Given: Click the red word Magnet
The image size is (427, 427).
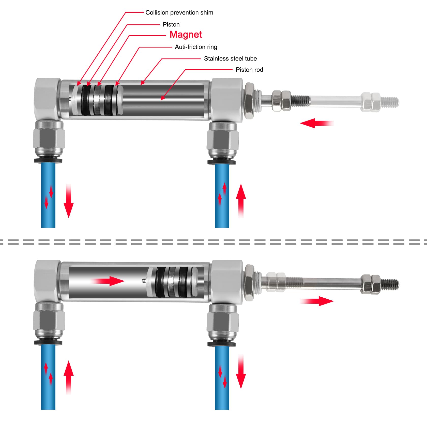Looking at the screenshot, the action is [186, 34].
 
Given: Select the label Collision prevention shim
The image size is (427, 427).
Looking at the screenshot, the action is [179, 12].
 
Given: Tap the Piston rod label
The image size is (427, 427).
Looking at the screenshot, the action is [249, 70].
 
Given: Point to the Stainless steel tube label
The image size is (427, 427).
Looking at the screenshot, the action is [230, 58].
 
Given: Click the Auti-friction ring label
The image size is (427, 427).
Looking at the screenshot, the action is [196, 47].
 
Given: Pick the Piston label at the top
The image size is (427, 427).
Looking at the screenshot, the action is [171, 24].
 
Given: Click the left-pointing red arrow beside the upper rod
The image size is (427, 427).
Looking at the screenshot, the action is [317, 123].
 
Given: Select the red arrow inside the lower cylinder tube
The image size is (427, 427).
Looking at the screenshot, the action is [108, 281].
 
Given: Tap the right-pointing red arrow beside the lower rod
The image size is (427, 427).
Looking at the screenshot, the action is [317, 301].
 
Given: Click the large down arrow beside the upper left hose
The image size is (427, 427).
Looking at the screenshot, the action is [69, 201].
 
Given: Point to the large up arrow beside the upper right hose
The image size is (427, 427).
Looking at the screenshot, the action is [241, 201].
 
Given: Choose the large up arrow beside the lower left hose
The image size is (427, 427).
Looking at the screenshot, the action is [69, 377].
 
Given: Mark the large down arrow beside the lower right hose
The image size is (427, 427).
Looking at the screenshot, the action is [241, 372].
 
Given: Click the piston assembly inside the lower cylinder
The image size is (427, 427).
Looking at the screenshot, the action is [173, 282].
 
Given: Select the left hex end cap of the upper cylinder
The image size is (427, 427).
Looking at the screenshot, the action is [48, 99].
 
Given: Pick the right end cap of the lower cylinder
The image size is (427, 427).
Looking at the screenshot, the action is [227, 282].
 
